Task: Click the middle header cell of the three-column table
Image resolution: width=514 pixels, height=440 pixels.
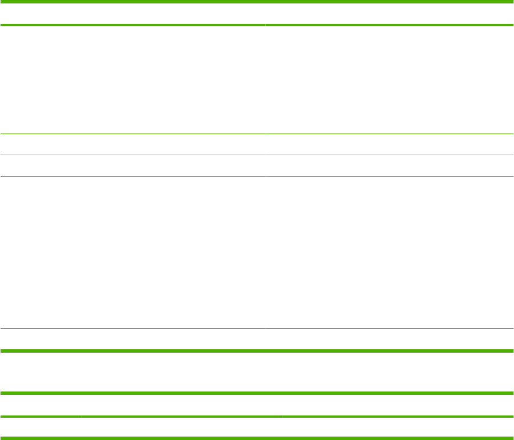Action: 181,405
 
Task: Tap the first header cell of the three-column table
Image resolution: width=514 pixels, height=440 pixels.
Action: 41,405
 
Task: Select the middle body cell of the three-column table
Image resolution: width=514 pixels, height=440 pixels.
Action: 181,427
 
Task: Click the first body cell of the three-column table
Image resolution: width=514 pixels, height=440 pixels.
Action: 41,427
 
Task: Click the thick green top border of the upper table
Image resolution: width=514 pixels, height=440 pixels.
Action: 257,2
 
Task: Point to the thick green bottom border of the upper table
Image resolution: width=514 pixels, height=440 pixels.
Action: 257,350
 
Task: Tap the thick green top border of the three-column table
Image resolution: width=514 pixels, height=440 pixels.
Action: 257,393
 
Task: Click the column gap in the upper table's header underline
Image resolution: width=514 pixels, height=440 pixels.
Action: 265,25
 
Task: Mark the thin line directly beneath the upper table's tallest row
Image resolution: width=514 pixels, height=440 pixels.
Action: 257,328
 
